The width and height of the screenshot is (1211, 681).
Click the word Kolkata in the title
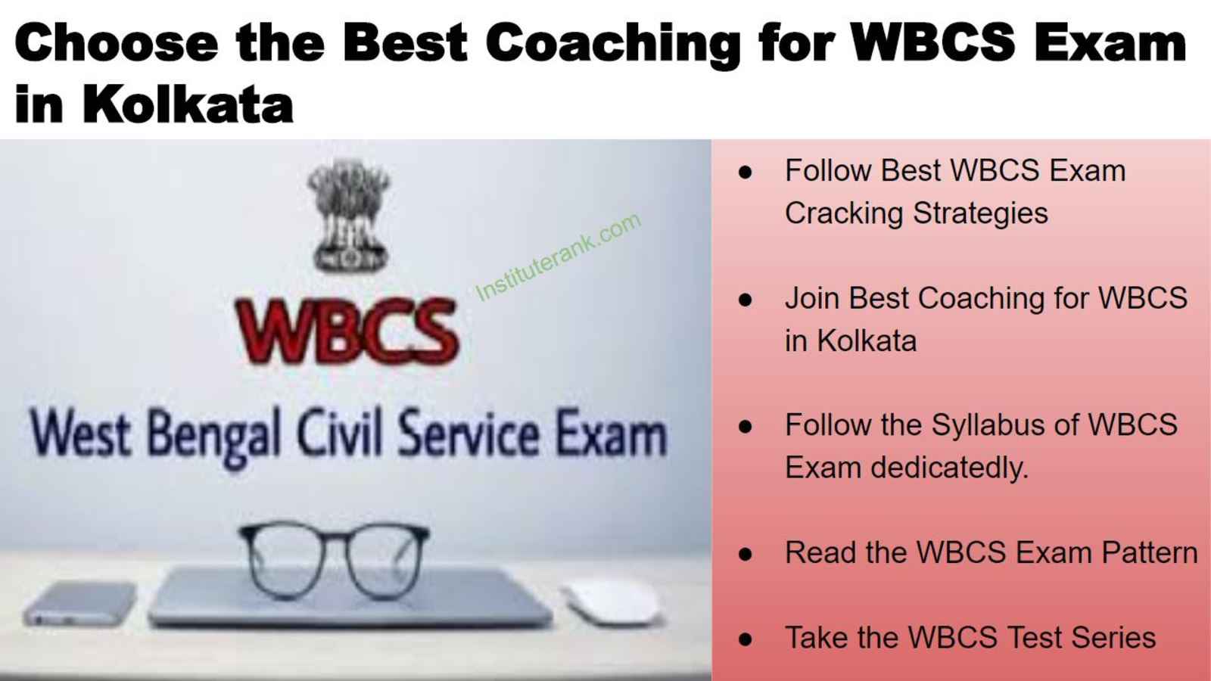click(x=188, y=103)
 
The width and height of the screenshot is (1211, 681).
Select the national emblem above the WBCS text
click(x=349, y=216)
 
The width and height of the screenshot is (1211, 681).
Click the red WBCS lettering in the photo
click(x=347, y=330)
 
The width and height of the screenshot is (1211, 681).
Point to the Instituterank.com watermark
click(x=559, y=257)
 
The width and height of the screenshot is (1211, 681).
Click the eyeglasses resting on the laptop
click(x=334, y=559)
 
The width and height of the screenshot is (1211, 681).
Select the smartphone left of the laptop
click(x=80, y=603)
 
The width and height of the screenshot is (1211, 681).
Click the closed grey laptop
click(x=350, y=597)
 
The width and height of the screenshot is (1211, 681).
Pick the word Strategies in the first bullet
click(x=981, y=213)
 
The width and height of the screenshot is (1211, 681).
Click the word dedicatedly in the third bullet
click(x=949, y=468)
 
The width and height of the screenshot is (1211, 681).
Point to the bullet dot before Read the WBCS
click(x=745, y=554)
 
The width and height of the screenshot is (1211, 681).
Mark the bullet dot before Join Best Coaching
click(x=745, y=300)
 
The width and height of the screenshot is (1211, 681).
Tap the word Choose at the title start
click(x=117, y=43)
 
